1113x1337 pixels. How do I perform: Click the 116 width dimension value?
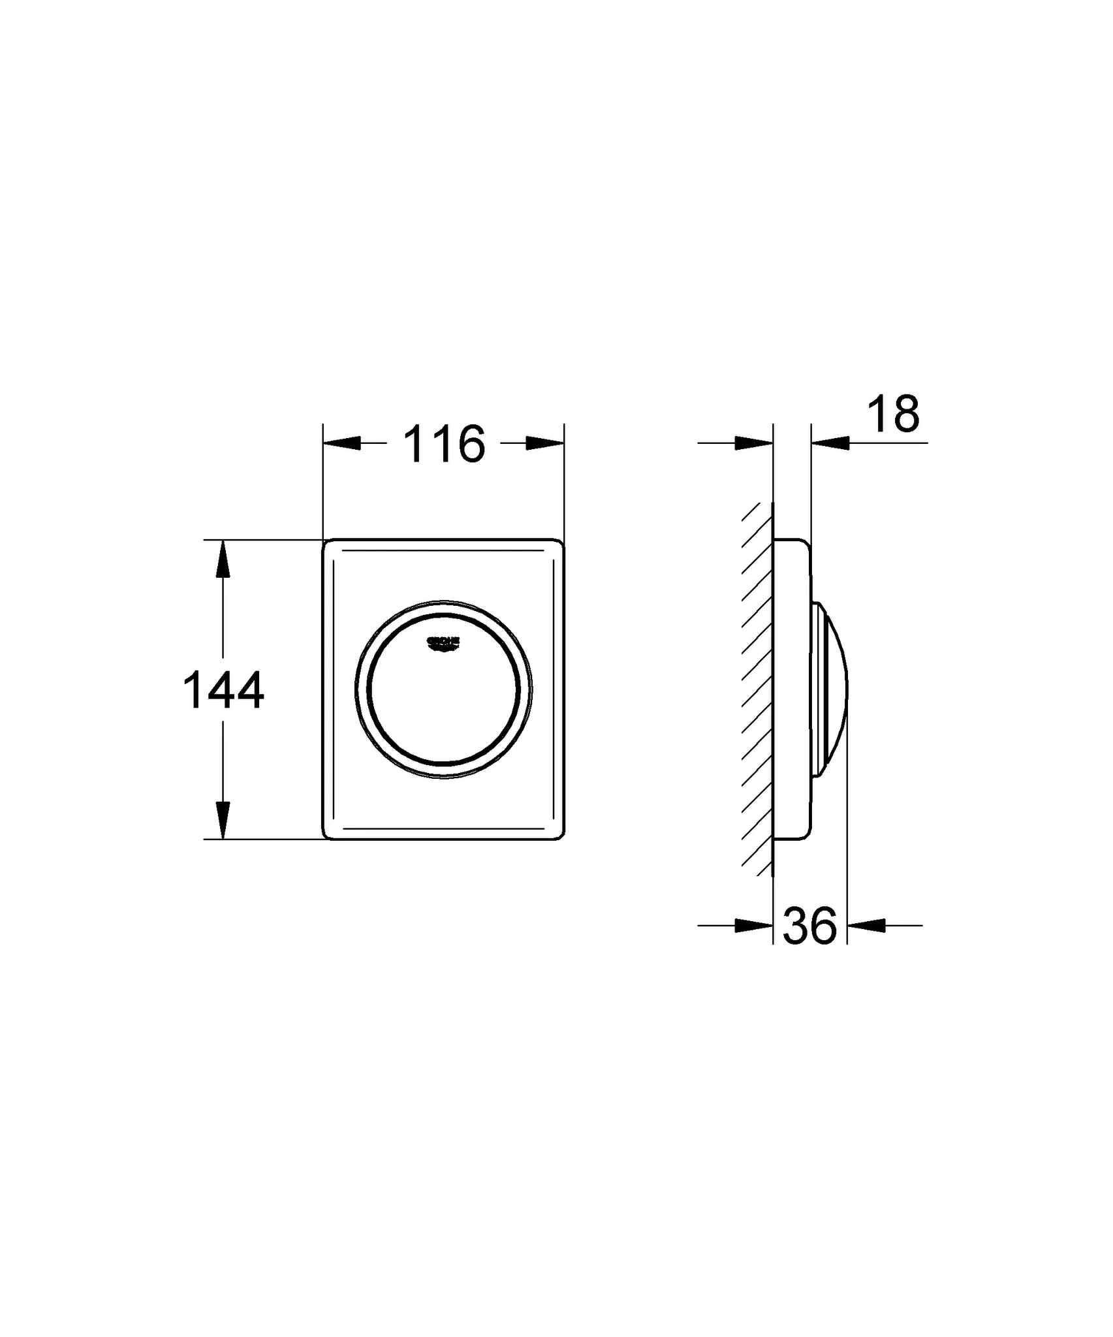444,445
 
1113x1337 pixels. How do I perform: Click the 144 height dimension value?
224,690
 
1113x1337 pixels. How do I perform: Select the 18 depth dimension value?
894,414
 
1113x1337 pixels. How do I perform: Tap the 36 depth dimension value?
809,926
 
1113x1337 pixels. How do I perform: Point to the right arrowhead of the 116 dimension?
545,443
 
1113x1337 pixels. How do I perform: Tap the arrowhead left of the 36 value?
754,925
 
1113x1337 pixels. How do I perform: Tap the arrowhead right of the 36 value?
866,925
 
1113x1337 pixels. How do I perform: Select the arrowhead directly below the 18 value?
831,443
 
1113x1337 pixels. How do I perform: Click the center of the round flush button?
443,689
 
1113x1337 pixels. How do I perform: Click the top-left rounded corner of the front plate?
328,544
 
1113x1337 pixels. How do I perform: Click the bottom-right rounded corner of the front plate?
559,834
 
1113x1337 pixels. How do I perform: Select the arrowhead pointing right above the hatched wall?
754,443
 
